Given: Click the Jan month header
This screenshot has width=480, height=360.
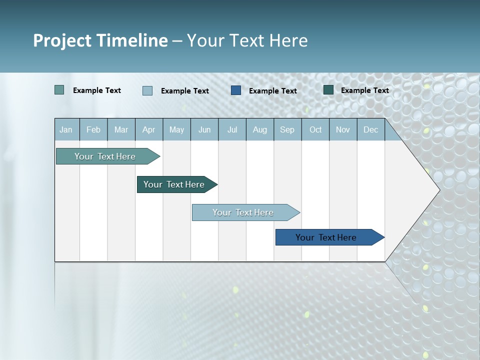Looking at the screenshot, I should pos(66,129).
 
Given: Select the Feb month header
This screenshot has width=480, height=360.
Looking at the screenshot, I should pos(93,129).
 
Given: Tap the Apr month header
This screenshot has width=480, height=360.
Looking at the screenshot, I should pos(149,129).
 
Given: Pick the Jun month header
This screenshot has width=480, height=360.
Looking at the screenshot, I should pos(204,129).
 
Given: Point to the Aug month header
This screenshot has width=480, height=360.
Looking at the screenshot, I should pos(260,129).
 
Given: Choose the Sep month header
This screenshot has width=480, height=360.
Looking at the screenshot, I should pos(287,129).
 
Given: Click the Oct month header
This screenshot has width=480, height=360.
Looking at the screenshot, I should pos(315,129).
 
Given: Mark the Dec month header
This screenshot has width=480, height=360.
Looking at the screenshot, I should pos(371,129).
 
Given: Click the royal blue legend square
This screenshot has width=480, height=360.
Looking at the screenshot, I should pos(236,90).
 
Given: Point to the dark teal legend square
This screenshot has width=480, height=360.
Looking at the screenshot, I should pos(328,90).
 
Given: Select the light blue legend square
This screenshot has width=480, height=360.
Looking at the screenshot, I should pos(147,90).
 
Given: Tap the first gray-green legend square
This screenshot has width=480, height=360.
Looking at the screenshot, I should pos(59,90).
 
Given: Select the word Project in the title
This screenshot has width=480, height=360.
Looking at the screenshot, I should pos(62,40).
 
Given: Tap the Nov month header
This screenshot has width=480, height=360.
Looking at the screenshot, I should pos(343,129).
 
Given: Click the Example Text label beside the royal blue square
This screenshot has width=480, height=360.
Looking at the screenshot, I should pos(272,90).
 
